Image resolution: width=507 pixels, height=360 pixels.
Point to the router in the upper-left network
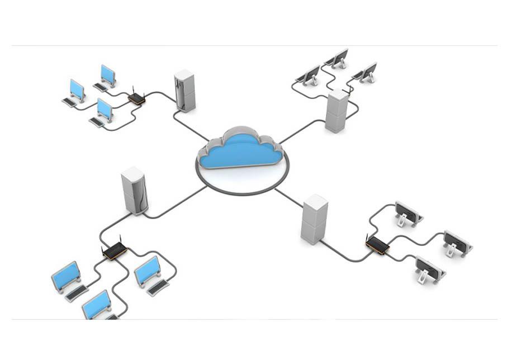(x=136, y=100)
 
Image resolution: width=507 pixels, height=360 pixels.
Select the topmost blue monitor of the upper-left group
(x=108, y=74)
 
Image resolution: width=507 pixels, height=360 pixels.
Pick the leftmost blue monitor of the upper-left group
(x=77, y=89)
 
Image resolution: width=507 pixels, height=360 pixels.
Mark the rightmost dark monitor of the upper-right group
(x=368, y=72)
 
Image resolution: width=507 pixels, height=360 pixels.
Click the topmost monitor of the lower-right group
(x=406, y=211)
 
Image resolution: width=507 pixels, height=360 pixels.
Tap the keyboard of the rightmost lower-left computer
(x=158, y=287)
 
